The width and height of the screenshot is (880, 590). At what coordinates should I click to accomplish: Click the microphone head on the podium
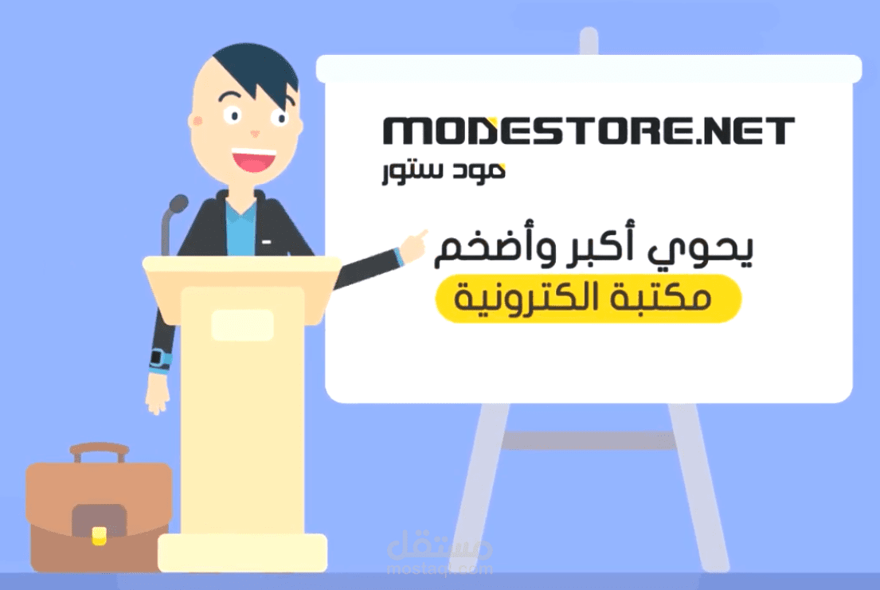pyautogui.click(x=178, y=204)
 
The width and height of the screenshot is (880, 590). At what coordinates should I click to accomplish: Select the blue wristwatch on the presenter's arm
pyautogui.click(x=160, y=358)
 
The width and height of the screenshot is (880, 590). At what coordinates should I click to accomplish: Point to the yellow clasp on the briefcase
pyautogui.click(x=99, y=534)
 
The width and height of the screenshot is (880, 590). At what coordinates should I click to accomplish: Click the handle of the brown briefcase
pyautogui.click(x=99, y=451)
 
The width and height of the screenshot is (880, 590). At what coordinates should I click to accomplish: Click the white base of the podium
pyautogui.click(x=242, y=553)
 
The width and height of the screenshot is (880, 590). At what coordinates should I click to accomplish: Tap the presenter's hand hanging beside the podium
pyautogui.click(x=157, y=394)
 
